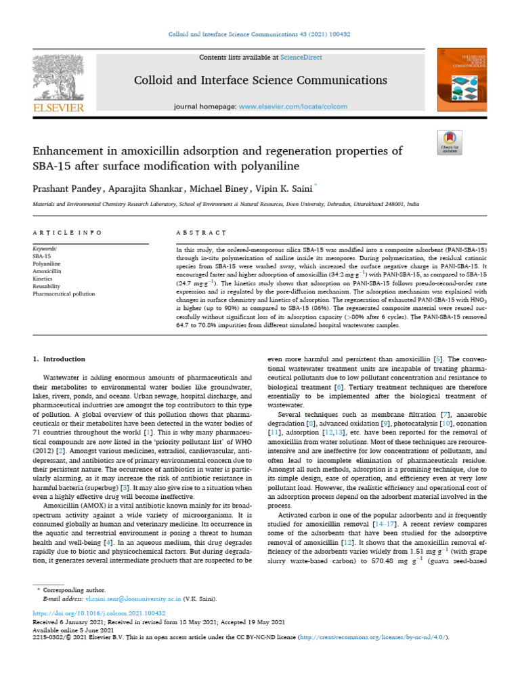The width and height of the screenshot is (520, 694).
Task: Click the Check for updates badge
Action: (450, 142)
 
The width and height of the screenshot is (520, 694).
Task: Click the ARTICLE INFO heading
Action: (67, 232)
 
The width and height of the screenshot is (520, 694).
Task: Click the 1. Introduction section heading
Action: (60, 359)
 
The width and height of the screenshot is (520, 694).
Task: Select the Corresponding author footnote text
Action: (74, 591)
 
